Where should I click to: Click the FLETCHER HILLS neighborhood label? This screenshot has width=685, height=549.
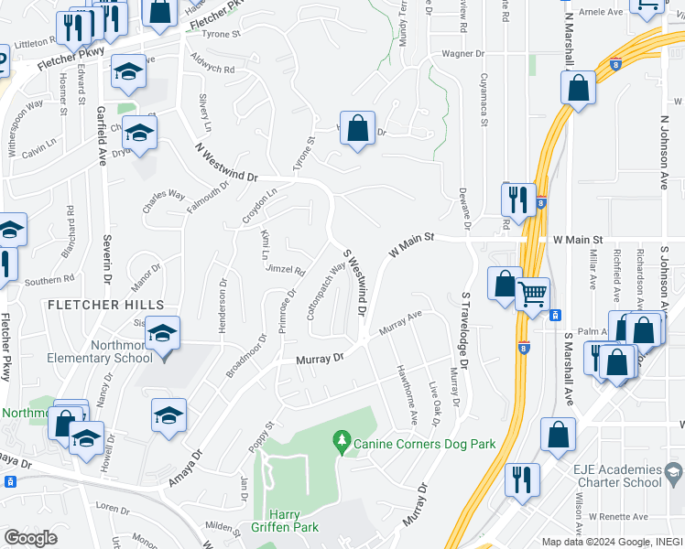105,304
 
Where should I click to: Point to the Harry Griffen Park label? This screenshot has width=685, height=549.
284,521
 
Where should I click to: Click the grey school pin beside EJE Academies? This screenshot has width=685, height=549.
675,473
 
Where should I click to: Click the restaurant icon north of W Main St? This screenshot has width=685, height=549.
518,200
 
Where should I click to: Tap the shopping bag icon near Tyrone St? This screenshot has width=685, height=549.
357,129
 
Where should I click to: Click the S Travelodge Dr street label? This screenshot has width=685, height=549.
464,330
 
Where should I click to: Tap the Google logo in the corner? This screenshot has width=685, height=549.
30,538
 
